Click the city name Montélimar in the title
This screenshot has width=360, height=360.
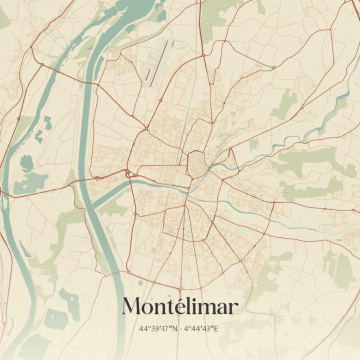pyautogui.click(x=180, y=306)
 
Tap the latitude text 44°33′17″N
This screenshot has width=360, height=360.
pyautogui.click(x=159, y=328)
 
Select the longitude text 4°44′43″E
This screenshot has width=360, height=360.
pyautogui.click(x=201, y=328)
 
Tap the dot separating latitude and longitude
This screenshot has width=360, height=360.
pyautogui.click(x=180, y=328)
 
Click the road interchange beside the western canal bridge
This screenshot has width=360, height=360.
pyautogui.click(x=128, y=173)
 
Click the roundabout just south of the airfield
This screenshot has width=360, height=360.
pyautogui.click(x=160, y=100)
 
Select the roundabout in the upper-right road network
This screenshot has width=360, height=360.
pyautogui.click(x=273, y=67)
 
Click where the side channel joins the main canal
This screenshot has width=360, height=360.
pyautogui.click(x=95, y=205)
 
